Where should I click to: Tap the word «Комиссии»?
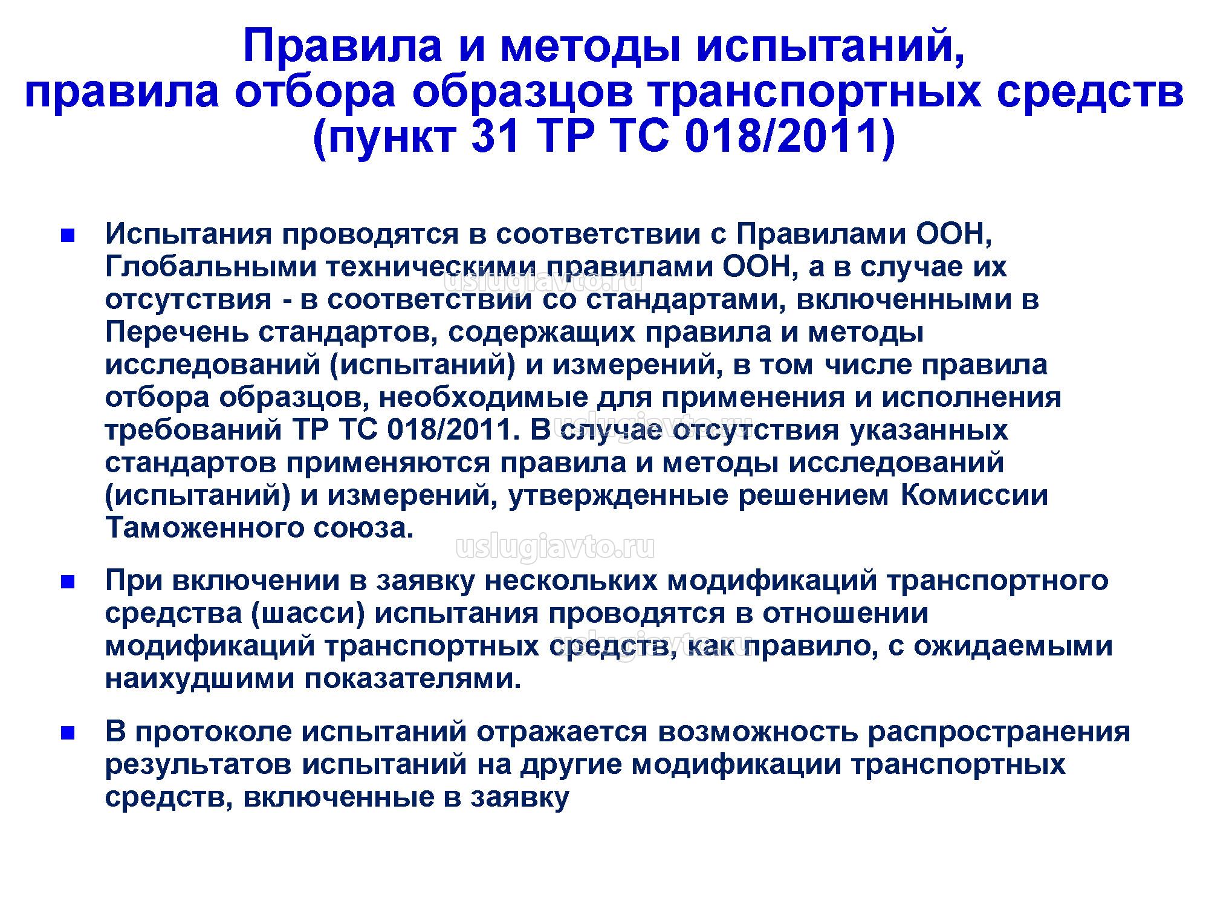click(974, 496)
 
